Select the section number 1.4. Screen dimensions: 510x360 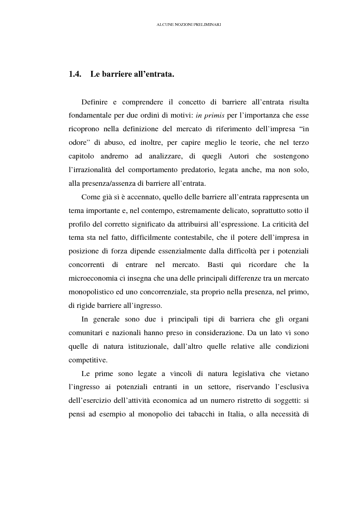pos(75,74)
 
